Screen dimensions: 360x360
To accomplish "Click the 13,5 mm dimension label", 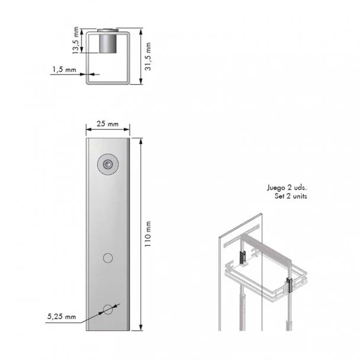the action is (76, 40).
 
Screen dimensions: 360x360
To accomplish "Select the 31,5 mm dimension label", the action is (148, 56).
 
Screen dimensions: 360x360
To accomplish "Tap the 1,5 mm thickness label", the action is (64, 69).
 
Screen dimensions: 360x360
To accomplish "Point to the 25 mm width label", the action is (107, 124).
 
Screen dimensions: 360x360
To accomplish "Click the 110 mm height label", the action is (148, 234).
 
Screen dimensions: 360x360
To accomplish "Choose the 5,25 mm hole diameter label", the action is (62, 317).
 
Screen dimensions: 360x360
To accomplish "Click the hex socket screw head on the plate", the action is (108, 165).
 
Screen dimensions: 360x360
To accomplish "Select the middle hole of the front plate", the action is (108, 258).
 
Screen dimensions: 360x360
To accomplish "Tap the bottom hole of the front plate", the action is (108, 310).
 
